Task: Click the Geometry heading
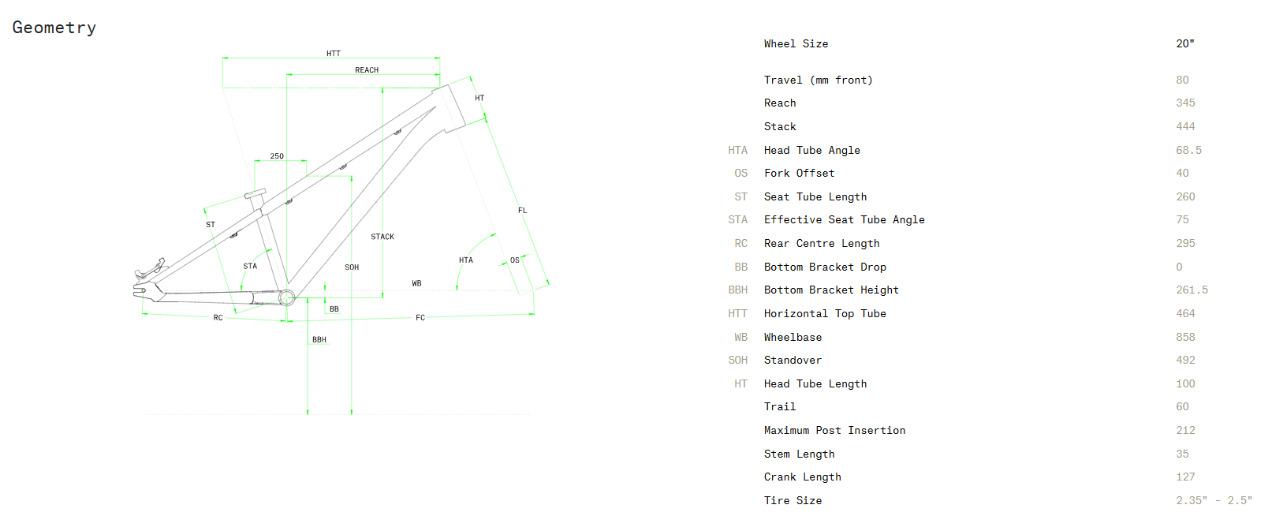(54, 28)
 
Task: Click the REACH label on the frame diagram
(367, 70)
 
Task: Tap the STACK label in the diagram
(382, 237)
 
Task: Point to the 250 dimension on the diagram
(277, 156)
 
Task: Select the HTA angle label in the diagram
(466, 260)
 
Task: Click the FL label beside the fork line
(522, 211)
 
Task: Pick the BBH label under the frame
(319, 340)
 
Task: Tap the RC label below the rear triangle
(218, 318)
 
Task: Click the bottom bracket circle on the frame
(286, 297)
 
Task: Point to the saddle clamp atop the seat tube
(255, 193)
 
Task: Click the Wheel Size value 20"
(1184, 44)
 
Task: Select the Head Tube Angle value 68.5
(1188, 151)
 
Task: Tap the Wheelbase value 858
(1185, 338)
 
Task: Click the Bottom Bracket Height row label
(830, 290)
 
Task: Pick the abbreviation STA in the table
(737, 220)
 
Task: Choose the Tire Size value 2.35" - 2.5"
(1213, 501)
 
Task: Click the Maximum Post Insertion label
(834, 431)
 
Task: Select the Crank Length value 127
(1185, 477)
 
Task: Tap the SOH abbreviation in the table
(737, 361)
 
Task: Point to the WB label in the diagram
(416, 283)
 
